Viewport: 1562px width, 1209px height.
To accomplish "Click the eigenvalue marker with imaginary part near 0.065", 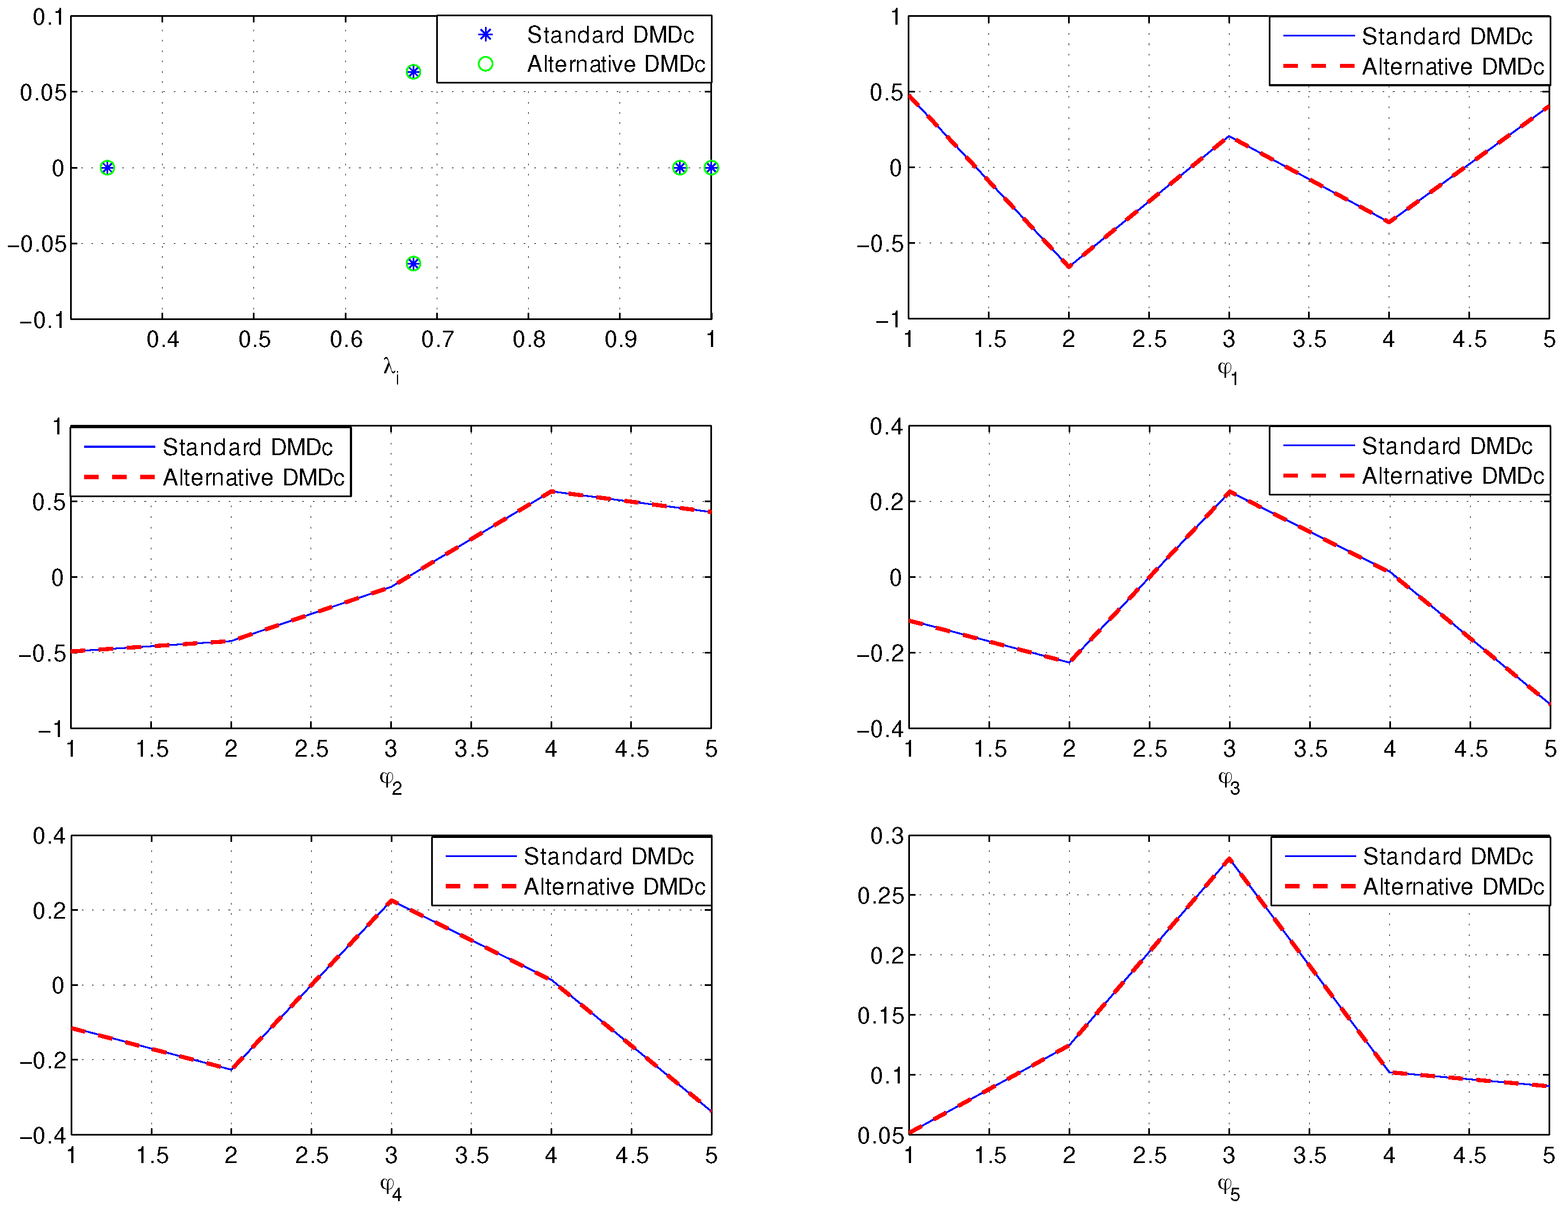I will [413, 72].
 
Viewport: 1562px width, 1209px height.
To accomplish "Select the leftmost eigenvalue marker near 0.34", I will [107, 168].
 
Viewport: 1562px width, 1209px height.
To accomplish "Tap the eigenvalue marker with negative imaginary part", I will [413, 264].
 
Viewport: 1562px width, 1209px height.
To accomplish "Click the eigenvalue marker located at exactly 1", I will [711, 168].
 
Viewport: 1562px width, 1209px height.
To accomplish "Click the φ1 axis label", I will [1228, 371].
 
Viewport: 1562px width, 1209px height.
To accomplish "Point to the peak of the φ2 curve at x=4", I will [552, 491].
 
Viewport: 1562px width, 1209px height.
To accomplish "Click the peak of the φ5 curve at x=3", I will [1230, 859].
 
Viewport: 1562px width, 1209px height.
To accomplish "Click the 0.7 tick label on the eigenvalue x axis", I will [437, 340].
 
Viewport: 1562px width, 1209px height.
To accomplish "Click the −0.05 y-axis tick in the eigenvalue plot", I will [36, 244].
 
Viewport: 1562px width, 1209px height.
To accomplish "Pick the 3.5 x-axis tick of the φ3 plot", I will [1310, 749].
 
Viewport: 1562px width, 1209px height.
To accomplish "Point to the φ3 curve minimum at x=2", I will [1069, 662].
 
